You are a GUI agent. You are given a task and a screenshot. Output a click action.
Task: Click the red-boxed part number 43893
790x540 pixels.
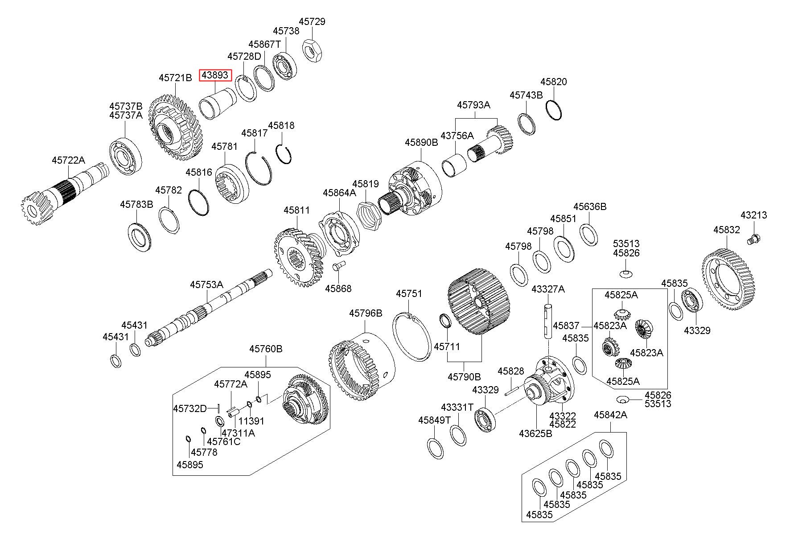click(x=215, y=75)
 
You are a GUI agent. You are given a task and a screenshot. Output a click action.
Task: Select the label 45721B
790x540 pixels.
click(x=175, y=78)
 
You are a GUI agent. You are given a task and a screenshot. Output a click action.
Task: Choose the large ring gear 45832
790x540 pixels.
click(x=728, y=279)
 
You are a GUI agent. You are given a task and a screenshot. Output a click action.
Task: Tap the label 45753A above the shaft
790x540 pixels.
click(x=206, y=284)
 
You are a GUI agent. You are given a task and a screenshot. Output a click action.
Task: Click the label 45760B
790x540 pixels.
click(x=266, y=348)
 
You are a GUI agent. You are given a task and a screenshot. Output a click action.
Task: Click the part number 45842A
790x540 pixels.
click(x=610, y=415)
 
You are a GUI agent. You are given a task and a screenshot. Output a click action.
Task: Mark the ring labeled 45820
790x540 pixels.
click(x=554, y=110)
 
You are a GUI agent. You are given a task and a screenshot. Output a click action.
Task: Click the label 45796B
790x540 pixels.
click(x=366, y=313)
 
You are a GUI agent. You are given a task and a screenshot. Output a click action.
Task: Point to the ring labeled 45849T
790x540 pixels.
click(x=435, y=448)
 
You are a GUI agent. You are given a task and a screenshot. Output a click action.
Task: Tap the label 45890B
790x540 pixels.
click(x=421, y=142)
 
